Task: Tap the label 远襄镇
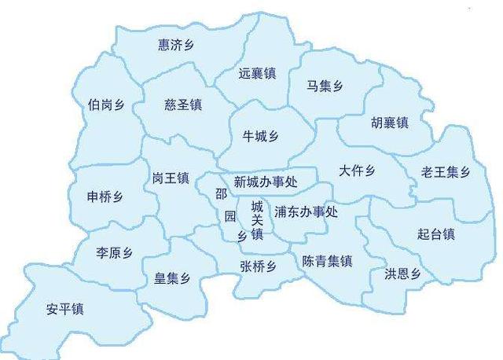(257, 74)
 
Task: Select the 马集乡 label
(324, 86)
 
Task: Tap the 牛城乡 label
(263, 136)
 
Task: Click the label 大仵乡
(358, 171)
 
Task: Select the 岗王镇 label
(171, 178)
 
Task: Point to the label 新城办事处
(266, 182)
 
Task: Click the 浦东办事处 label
(306, 211)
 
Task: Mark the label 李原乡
(115, 253)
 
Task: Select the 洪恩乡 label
(402, 274)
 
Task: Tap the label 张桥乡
(258, 266)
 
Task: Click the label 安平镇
(65, 309)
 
